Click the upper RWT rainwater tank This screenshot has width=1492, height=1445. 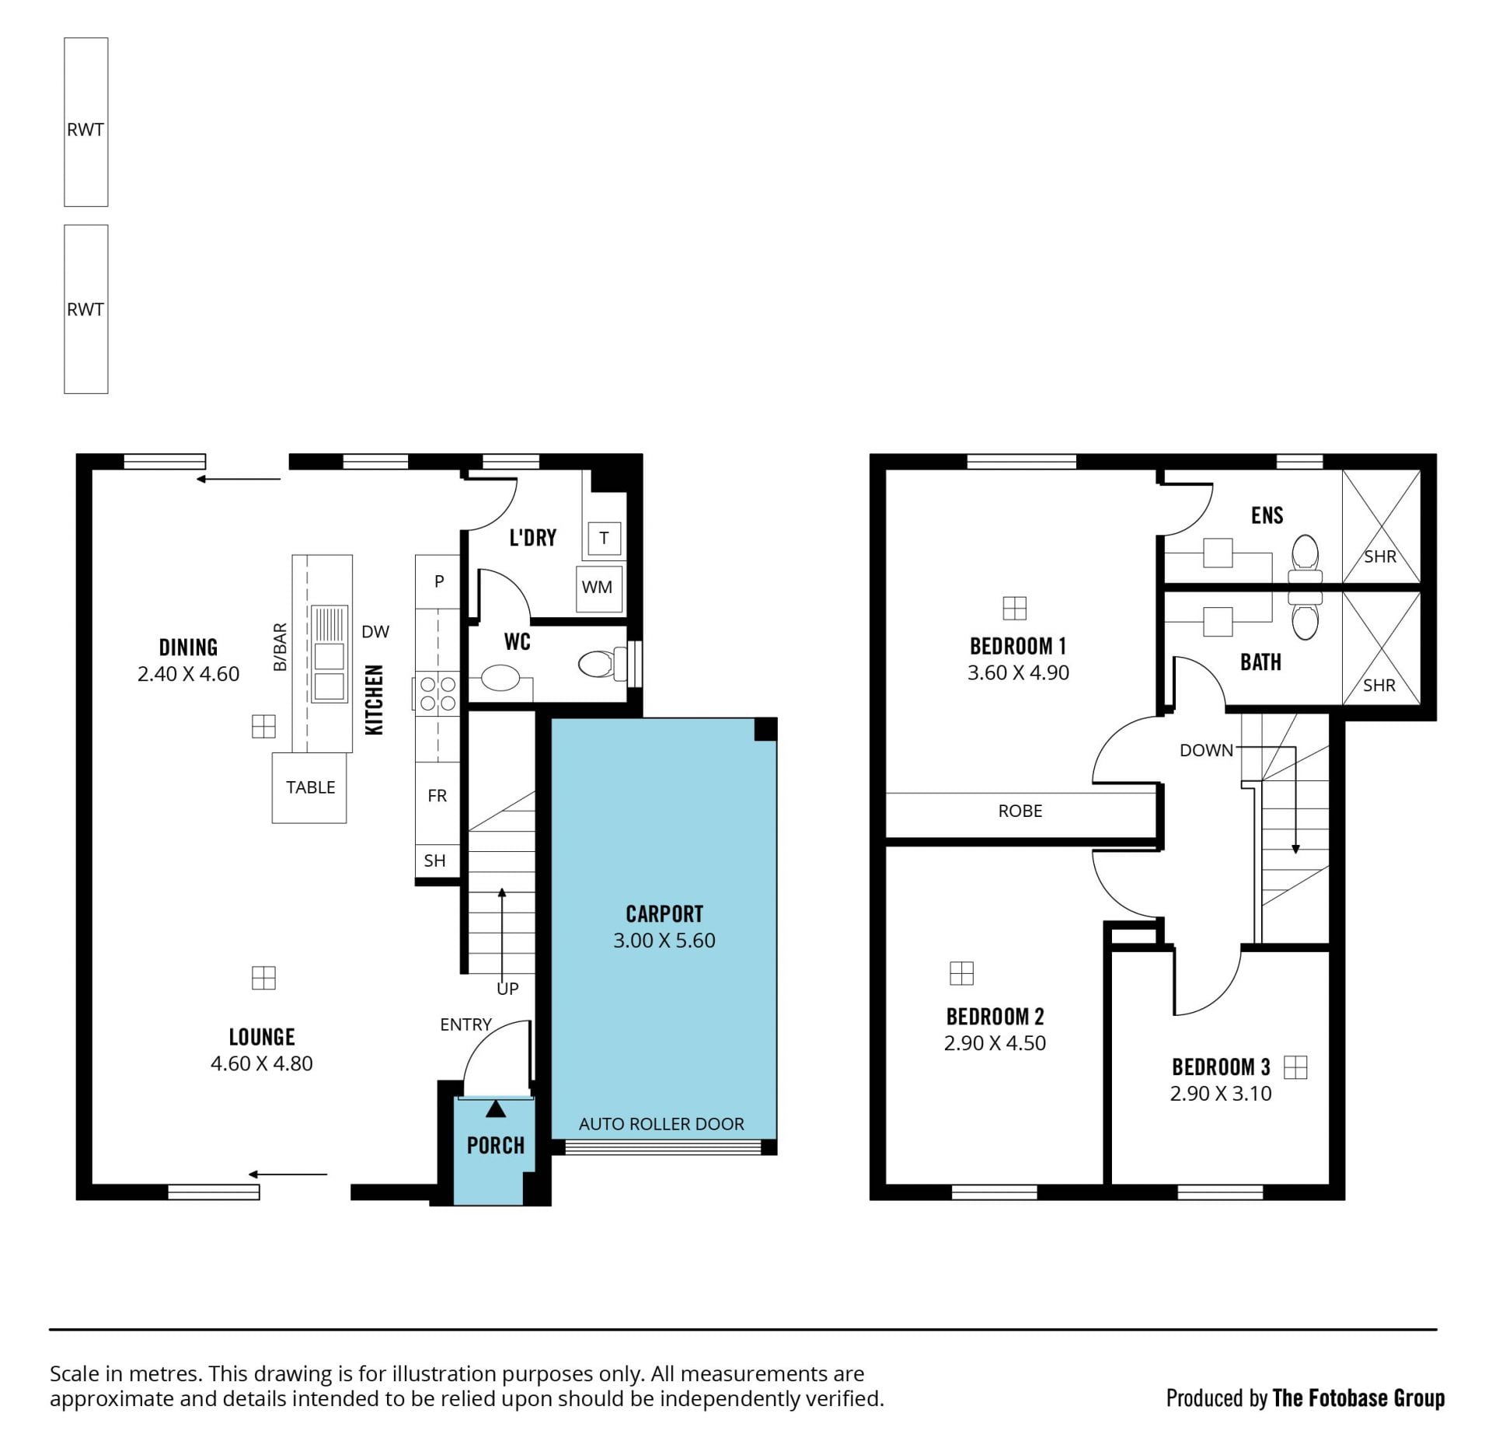[86, 122]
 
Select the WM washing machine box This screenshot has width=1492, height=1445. [598, 588]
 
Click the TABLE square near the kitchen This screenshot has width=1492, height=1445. [309, 787]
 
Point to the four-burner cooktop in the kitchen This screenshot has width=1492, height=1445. [437, 693]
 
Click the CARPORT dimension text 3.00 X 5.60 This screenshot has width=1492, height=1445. [664, 941]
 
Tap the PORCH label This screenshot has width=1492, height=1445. [496, 1146]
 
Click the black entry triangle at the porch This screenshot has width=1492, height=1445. [496, 1109]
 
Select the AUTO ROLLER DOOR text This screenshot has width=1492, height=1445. [661, 1124]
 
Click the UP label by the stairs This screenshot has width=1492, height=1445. [507, 989]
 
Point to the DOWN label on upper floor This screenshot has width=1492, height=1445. [1206, 750]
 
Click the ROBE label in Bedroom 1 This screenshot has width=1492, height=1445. [1020, 811]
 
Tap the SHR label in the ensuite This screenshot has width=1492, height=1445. [1380, 557]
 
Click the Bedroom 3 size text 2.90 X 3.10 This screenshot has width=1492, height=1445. [1221, 1094]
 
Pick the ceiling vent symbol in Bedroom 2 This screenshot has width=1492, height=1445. [962, 973]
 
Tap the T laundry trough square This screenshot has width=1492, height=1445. [605, 538]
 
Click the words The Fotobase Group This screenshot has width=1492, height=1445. [1358, 1398]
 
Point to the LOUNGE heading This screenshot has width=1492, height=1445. [262, 1037]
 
